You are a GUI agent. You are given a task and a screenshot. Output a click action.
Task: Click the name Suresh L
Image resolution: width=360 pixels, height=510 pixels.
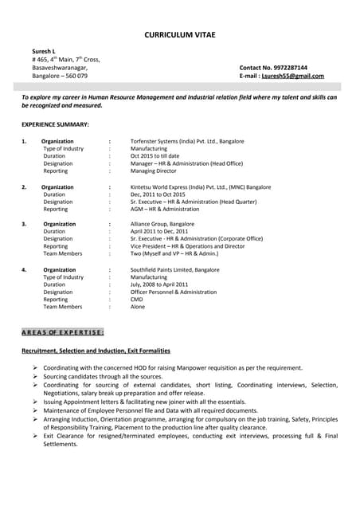(x=43, y=50)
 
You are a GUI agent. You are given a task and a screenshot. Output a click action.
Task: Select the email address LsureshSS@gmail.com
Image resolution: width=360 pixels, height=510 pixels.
(x=292, y=76)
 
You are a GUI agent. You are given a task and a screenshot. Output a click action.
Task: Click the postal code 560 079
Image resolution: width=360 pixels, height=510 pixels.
(x=75, y=76)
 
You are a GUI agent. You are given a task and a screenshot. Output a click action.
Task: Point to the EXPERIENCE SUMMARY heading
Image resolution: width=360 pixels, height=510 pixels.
(x=55, y=125)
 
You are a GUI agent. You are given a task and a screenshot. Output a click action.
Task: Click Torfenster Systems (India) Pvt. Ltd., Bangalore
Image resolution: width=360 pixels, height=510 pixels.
(x=187, y=141)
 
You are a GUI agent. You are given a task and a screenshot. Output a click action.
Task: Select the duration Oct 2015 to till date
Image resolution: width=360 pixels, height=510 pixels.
(x=155, y=156)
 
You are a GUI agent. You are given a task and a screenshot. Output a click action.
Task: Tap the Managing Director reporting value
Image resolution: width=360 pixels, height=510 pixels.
(x=154, y=171)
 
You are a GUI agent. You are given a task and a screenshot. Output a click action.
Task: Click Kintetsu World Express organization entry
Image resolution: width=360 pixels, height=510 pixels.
(x=201, y=186)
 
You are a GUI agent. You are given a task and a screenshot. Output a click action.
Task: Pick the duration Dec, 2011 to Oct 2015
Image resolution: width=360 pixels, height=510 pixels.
(x=158, y=194)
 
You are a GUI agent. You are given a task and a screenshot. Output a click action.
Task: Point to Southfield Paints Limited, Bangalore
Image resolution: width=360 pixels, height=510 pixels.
(x=175, y=269)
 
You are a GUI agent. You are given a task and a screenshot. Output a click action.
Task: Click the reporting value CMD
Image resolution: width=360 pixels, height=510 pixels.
(x=137, y=300)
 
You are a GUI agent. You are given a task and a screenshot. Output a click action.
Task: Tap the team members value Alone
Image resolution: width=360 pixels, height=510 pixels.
(x=138, y=307)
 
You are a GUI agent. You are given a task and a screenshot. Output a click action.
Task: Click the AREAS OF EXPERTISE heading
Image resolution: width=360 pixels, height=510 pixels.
(x=62, y=331)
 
